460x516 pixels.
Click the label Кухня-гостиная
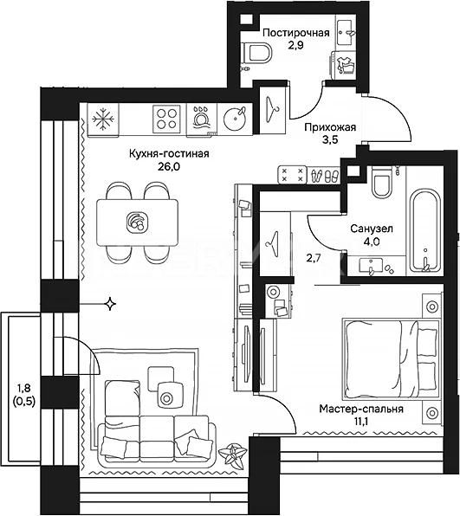coord(169,154)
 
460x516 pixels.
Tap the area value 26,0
coord(169,167)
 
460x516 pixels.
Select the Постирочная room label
coord(296,33)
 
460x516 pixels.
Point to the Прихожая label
coord(330,127)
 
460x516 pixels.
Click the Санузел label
coord(372,229)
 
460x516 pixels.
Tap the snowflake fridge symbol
coord(103,119)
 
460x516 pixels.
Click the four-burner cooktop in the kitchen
coord(166,119)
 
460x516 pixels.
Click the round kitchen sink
coord(235,118)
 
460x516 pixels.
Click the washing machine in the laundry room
coord(343,65)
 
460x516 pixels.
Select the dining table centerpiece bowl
coord(138,223)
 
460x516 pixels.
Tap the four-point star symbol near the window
coord(109,304)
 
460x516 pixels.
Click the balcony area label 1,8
coord(23,388)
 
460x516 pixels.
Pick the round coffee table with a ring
coord(167,397)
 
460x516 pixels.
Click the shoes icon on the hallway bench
coord(324,176)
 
